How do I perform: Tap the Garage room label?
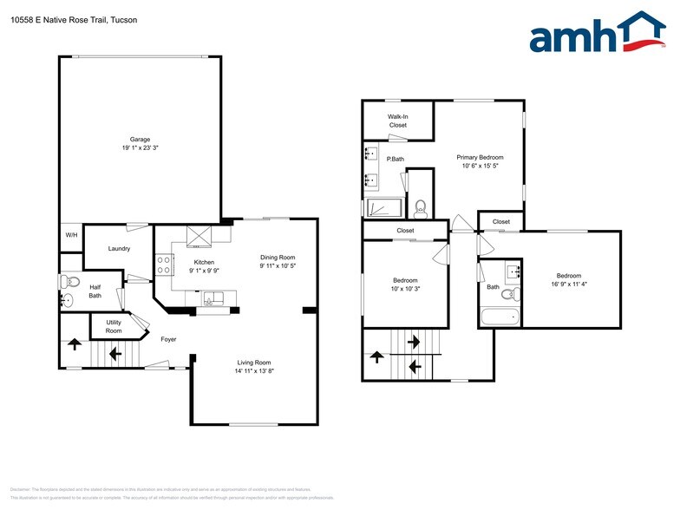pos(140,140)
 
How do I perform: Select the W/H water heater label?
pos(70,237)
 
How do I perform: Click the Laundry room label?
pos(119,249)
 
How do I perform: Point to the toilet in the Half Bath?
pos(70,282)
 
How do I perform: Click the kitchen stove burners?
pos(163,265)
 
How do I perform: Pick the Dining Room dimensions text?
pos(278,265)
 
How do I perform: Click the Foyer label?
pos(168,339)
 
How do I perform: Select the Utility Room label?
pos(114,326)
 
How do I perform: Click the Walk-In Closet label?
pos(397,121)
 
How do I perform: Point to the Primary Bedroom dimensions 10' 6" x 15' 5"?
pos(480,166)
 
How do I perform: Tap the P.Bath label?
pos(395,159)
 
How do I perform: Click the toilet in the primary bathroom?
pos(421,207)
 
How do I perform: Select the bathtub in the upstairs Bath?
pos(500,317)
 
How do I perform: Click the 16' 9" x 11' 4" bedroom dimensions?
pos(568,284)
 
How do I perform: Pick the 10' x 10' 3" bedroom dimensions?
pos(405,289)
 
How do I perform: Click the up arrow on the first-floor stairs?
pos(75,344)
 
